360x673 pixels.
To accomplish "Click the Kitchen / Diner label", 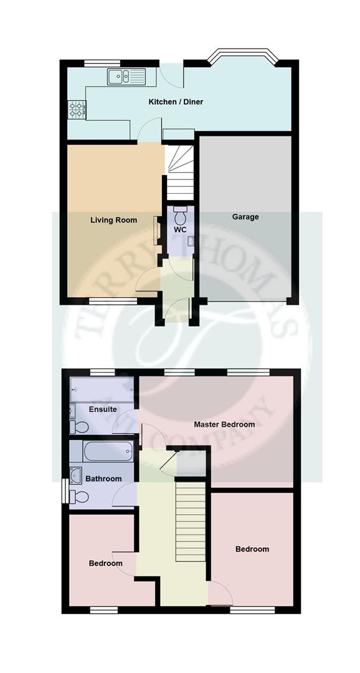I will [x=176, y=102].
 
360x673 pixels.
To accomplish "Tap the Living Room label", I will [x=113, y=219].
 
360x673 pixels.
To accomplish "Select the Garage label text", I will [x=245, y=217].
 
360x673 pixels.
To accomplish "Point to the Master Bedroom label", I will [x=224, y=424].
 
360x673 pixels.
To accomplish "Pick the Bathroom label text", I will [x=103, y=479].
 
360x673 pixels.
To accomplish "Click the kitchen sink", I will [x=126, y=77].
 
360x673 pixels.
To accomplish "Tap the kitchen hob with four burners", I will [x=76, y=110].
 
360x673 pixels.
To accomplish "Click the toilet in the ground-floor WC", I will [x=181, y=216].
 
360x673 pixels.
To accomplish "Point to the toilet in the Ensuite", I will [x=79, y=427].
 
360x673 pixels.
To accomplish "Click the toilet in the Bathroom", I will [x=79, y=497].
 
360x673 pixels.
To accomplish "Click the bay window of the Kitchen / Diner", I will [x=240, y=58].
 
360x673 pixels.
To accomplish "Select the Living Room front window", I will [x=112, y=302].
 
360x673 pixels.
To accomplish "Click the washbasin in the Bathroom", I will [x=76, y=475].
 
